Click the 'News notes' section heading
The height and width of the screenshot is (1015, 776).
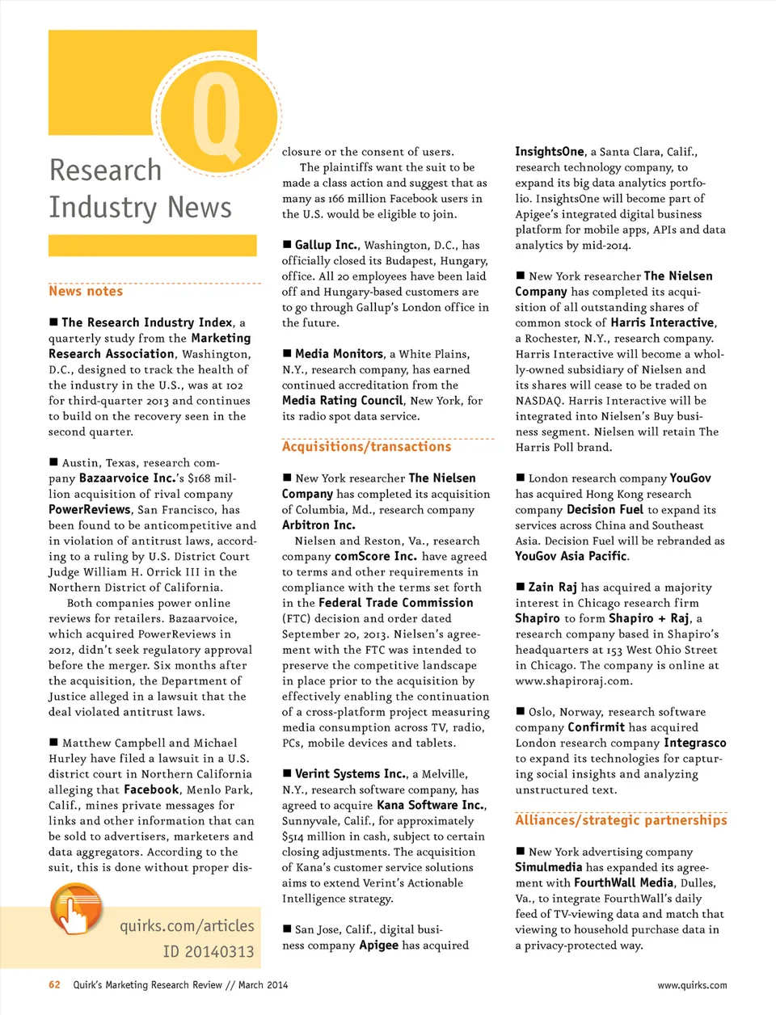click(86, 292)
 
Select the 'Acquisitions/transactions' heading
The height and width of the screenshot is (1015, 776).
click(366, 447)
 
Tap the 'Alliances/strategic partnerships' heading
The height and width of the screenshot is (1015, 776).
click(621, 820)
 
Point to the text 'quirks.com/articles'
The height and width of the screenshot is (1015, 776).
click(187, 926)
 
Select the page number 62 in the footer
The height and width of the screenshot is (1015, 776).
click(54, 985)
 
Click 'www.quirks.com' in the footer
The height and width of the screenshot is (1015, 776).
click(691, 985)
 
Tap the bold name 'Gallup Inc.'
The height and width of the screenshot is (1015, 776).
click(326, 245)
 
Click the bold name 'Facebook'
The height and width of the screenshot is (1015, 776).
click(151, 790)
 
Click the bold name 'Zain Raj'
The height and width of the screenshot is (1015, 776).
click(552, 588)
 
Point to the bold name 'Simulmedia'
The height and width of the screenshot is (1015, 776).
click(548, 867)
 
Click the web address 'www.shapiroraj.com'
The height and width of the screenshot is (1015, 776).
click(573, 681)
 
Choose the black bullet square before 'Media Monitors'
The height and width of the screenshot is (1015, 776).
click(287, 354)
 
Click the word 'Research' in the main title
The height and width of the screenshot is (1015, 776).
click(105, 171)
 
